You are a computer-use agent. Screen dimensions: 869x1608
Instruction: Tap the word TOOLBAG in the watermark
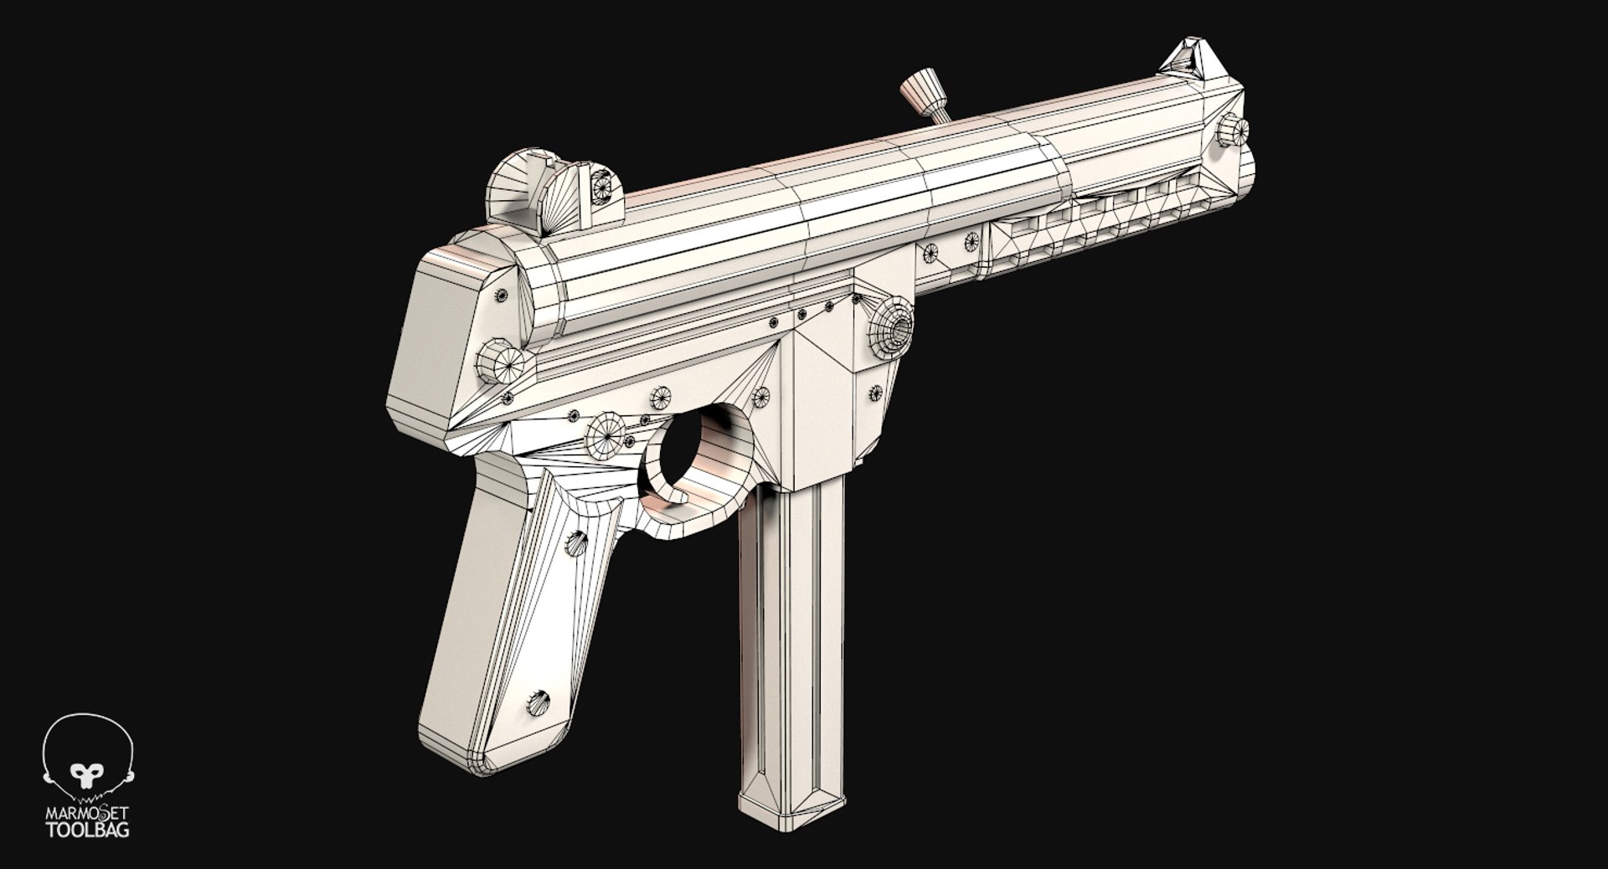pos(87,832)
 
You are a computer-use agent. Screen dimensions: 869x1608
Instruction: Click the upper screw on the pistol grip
pos(577,542)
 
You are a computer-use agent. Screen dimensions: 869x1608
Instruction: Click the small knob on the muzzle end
pos(1234,130)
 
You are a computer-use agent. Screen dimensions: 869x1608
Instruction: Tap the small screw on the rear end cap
pos(502,296)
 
